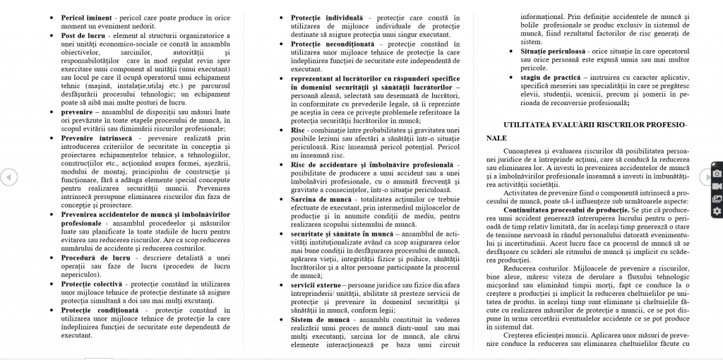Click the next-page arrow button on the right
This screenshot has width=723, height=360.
coord(705,176)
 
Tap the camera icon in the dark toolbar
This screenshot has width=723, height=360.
coord(717,173)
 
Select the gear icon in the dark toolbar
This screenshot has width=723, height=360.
coord(717,210)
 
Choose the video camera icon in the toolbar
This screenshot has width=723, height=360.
coord(717,186)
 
